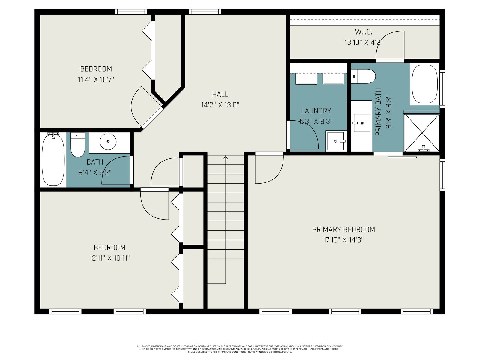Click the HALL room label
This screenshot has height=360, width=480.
(220, 94)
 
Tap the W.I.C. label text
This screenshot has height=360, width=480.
(363, 32)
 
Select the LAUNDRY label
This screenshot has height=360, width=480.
(316, 111)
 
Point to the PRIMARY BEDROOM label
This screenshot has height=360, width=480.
(343, 229)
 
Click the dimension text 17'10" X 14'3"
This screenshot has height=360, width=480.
(343, 240)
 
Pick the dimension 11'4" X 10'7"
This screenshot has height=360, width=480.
(96, 79)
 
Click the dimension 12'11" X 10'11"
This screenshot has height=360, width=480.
(109, 258)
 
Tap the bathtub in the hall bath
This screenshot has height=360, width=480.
(53, 160)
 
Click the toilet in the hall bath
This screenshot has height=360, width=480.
(78, 145)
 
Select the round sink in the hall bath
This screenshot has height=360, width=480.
(108, 142)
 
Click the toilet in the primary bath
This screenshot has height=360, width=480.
(363, 76)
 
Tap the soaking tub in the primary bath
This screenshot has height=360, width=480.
(425, 84)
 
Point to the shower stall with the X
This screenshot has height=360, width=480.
(422, 133)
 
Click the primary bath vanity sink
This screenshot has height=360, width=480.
(362, 123)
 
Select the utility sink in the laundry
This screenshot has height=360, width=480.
(336, 141)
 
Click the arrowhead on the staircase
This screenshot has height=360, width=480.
(226, 157)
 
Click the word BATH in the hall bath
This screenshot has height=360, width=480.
(95, 162)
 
